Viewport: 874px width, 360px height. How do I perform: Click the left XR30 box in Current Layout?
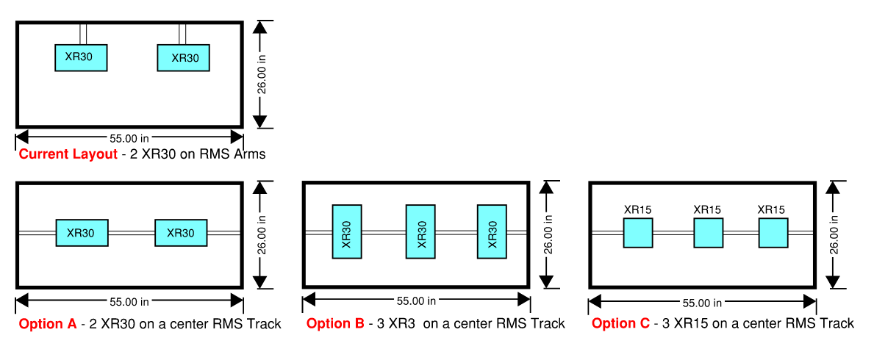81,57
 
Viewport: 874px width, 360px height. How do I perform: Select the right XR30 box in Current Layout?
184,57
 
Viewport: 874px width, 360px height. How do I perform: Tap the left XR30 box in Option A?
82,233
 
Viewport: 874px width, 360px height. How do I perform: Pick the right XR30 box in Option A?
181,233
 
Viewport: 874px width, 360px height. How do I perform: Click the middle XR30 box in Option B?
421,231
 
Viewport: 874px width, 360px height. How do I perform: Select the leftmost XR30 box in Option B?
347,231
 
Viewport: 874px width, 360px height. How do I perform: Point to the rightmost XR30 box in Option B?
492,231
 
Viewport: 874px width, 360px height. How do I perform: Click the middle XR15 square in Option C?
709,232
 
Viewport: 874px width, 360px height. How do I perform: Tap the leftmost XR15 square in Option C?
638,232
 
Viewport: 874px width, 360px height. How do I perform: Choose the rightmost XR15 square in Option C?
773,232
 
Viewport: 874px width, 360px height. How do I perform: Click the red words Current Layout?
68,154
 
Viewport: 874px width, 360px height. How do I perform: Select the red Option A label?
47,324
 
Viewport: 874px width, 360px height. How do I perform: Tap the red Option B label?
334,323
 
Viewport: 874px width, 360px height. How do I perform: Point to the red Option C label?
620,323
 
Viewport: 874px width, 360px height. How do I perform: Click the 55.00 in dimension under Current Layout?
129,137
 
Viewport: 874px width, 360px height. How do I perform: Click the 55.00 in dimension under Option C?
702,303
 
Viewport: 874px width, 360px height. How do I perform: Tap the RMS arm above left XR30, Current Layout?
83,34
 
